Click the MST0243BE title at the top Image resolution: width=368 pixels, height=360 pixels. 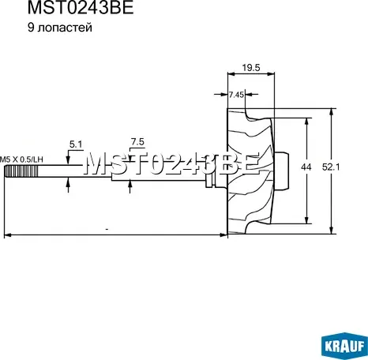tap(81, 8)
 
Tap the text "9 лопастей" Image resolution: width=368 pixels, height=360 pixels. tap(60, 28)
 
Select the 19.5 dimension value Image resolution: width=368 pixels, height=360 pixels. tap(251, 68)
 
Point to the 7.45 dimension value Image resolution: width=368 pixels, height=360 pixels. tap(236, 95)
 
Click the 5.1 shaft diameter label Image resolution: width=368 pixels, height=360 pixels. tap(76, 144)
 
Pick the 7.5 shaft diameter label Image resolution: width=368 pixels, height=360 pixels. tap(137, 142)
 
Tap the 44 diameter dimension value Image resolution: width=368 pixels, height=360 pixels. tap(306, 167)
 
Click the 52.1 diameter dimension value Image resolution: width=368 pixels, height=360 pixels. tap(331, 167)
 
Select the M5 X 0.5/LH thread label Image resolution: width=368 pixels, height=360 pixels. tap(21, 159)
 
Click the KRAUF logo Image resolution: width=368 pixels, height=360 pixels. tap(344, 345)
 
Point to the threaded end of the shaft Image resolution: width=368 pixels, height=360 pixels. tap(21, 171)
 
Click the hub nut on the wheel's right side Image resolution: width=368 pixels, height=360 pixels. tap(282, 171)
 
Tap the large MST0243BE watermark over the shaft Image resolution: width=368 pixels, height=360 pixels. tap(172, 163)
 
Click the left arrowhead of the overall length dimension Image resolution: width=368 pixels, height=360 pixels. tap(8, 235)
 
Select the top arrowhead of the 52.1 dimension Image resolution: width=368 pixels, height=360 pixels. tap(332, 112)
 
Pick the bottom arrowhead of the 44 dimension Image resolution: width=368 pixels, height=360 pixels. tap(306, 219)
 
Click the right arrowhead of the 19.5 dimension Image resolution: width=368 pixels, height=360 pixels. tap(271, 74)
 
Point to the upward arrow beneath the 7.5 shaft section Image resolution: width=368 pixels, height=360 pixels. tap(130, 186)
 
